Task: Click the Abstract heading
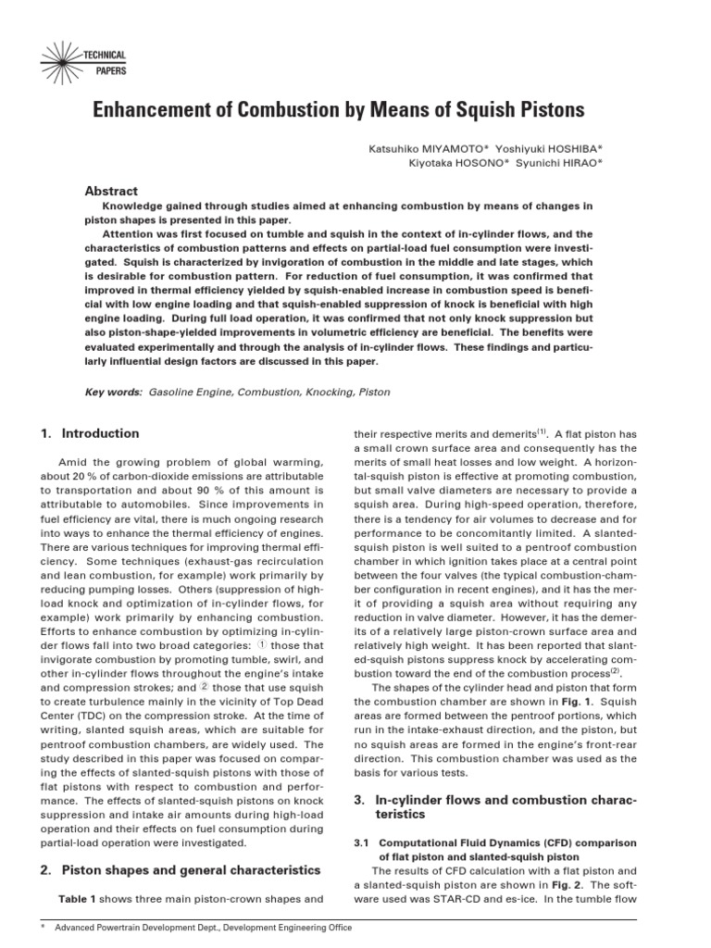(x=111, y=190)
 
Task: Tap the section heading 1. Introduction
(x=90, y=433)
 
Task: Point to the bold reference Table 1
(x=77, y=899)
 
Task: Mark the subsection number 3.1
(x=363, y=842)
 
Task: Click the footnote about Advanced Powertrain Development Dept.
(x=204, y=927)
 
